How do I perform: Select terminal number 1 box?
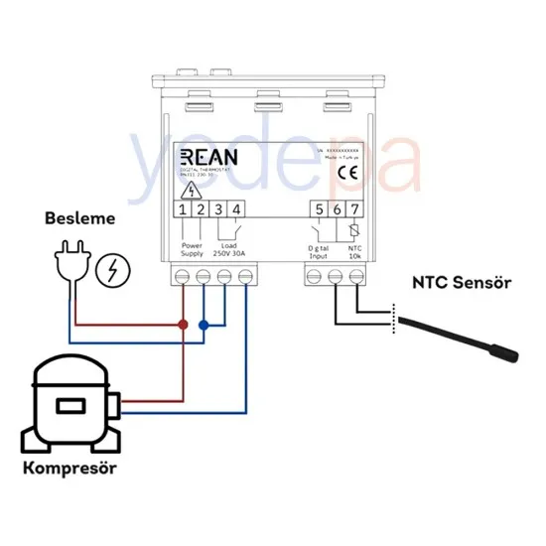184,209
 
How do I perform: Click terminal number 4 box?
235,209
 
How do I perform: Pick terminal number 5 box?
319,209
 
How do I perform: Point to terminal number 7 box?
354,209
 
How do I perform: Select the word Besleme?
80,217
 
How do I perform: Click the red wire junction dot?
183,325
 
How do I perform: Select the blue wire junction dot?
204,325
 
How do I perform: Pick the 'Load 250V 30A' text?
227,250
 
